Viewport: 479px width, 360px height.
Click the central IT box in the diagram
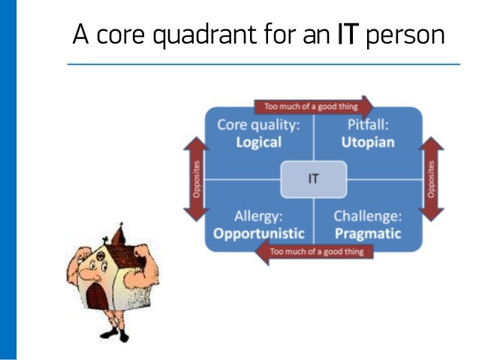click(313, 180)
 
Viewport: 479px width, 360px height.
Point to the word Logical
click(258, 143)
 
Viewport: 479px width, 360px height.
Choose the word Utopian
click(368, 143)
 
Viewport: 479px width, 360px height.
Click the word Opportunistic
click(259, 233)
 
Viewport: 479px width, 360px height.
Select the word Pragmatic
click(368, 233)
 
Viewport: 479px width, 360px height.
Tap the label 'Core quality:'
click(258, 125)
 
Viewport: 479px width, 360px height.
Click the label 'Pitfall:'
click(368, 125)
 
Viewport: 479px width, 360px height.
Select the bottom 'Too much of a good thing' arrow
click(314, 252)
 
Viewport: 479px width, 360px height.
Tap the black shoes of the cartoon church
click(113, 336)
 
